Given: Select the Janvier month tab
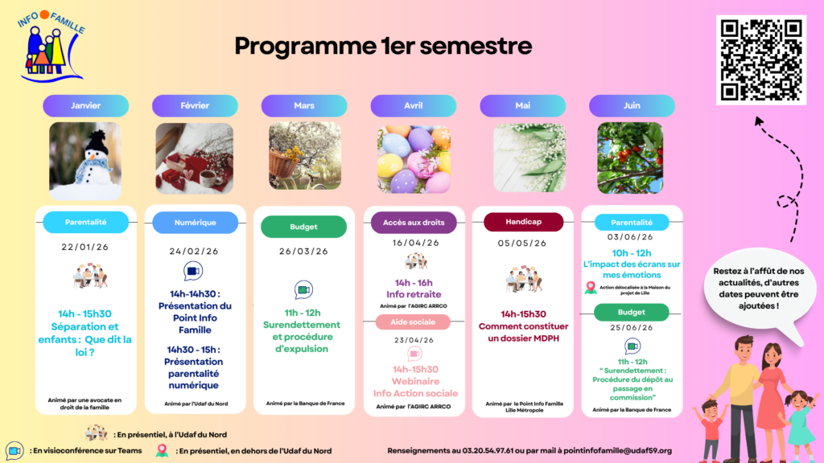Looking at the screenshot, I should click(x=86, y=105).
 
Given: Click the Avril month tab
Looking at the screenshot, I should click(x=413, y=105).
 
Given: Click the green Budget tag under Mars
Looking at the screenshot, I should click(x=303, y=227).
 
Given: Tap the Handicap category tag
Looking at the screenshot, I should click(x=522, y=221).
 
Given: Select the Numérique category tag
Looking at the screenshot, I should click(x=195, y=223).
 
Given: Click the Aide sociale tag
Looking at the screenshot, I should click(x=413, y=322).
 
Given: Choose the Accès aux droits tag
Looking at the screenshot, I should click(x=414, y=222).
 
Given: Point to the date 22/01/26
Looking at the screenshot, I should click(x=85, y=247).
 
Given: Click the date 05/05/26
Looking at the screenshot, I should click(x=522, y=243).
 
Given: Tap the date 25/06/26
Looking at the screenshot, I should click(x=632, y=327).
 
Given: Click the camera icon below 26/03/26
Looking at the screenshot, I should click(x=303, y=289).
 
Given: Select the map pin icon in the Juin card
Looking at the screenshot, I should click(x=591, y=287).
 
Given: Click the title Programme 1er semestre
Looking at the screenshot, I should click(x=383, y=46).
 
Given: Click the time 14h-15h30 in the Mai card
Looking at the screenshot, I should click(x=523, y=313).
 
